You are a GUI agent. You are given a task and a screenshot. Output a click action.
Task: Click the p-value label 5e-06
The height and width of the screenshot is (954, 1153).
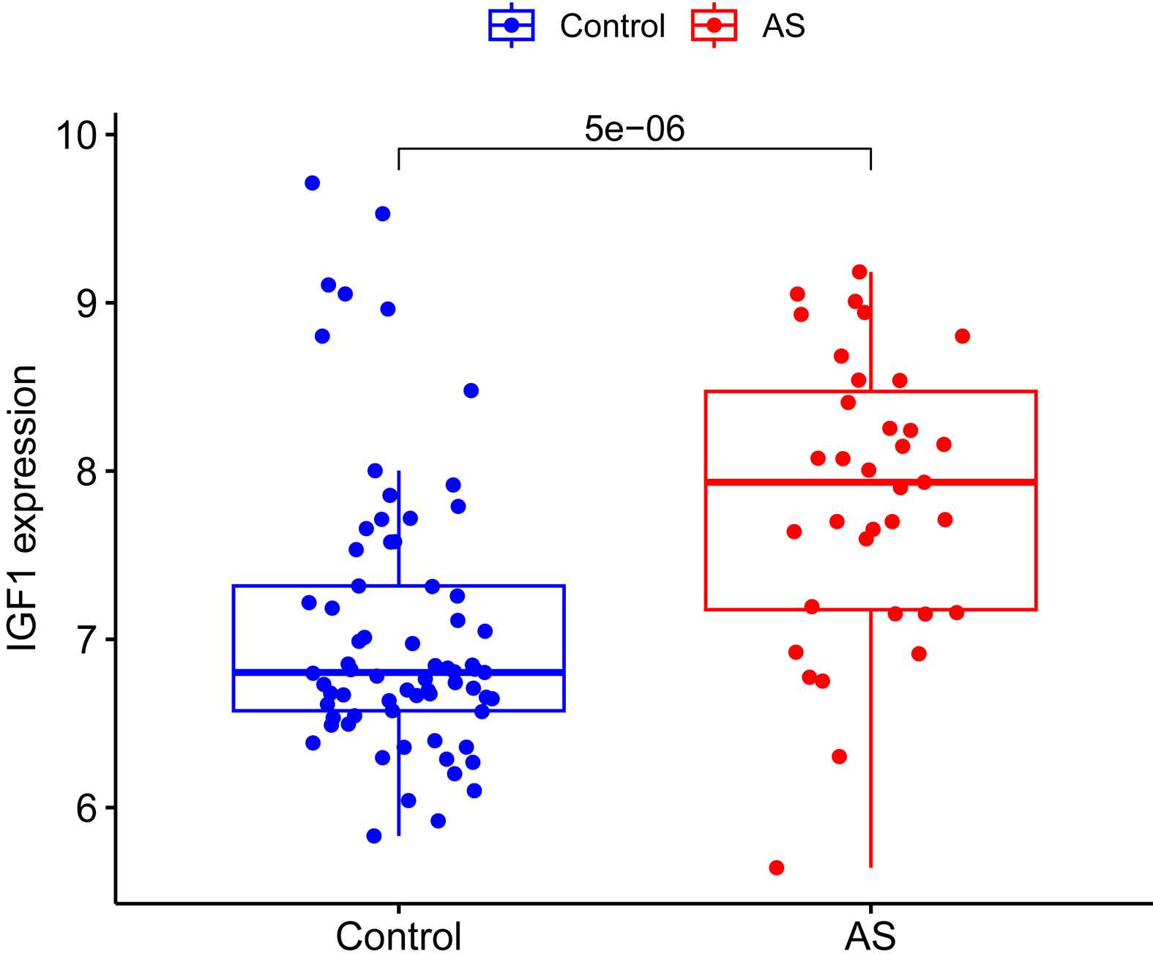click(x=634, y=130)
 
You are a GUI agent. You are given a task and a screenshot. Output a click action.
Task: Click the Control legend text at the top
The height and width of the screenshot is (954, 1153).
click(x=612, y=26)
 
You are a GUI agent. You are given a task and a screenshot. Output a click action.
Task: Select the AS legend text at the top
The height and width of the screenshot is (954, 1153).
click(x=783, y=26)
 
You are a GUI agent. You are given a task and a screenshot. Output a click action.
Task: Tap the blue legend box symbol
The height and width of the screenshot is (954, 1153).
click(x=511, y=26)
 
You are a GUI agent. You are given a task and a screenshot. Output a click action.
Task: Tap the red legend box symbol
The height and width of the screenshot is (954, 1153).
click(x=714, y=26)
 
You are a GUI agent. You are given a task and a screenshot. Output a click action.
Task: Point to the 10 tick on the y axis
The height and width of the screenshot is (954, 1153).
click(x=77, y=135)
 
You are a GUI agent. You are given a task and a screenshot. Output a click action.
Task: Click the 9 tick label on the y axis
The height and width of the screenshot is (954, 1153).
click(x=86, y=303)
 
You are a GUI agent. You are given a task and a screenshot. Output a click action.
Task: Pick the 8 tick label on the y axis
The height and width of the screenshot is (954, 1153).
click(x=86, y=472)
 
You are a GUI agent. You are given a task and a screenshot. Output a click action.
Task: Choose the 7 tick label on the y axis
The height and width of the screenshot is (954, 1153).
click(x=86, y=640)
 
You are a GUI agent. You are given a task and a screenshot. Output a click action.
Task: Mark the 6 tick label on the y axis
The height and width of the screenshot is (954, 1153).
click(x=86, y=808)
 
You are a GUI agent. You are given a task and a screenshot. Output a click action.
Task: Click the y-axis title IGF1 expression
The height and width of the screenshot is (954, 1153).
click(x=23, y=508)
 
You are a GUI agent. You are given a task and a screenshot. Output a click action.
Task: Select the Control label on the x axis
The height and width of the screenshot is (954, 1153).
click(x=398, y=936)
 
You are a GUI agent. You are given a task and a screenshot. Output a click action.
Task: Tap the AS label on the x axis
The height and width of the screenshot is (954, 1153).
click(x=870, y=936)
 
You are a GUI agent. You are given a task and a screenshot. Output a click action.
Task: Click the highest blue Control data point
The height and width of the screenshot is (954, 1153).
click(x=312, y=183)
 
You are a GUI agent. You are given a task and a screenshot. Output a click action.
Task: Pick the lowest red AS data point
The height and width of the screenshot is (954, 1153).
click(x=777, y=868)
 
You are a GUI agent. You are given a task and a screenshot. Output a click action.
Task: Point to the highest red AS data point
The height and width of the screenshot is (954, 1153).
click(x=859, y=272)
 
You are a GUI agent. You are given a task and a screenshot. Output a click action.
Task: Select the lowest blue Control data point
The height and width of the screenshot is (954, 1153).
click(x=374, y=835)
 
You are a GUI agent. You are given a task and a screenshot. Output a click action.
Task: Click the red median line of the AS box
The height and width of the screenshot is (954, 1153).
click(x=952, y=482)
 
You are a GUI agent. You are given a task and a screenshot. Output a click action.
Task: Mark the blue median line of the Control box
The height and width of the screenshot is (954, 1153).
click(x=512, y=671)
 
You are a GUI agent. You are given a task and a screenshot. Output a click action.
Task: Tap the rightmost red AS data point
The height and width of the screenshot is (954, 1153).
click(x=962, y=336)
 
